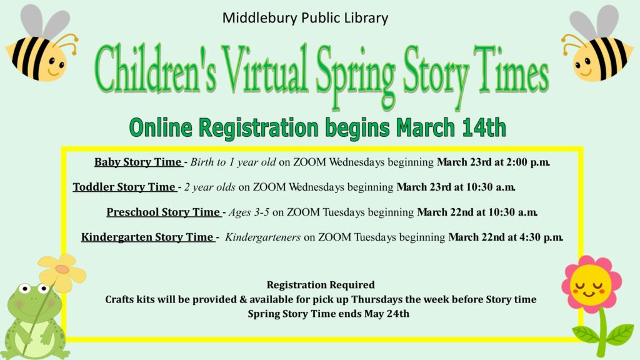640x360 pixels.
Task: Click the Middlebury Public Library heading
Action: [305, 18]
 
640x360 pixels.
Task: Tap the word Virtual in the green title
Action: [266, 69]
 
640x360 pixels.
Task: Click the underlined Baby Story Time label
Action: [138, 162]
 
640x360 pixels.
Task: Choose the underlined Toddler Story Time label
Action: [124, 187]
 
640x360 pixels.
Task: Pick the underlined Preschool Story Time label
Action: [164, 212]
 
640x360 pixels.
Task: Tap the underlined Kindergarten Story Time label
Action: [147, 237]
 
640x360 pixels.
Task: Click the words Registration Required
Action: [321, 284]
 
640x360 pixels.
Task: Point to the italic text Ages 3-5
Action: [249, 212]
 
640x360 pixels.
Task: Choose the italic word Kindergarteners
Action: [262, 237]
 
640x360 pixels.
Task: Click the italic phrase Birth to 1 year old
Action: [233, 162]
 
